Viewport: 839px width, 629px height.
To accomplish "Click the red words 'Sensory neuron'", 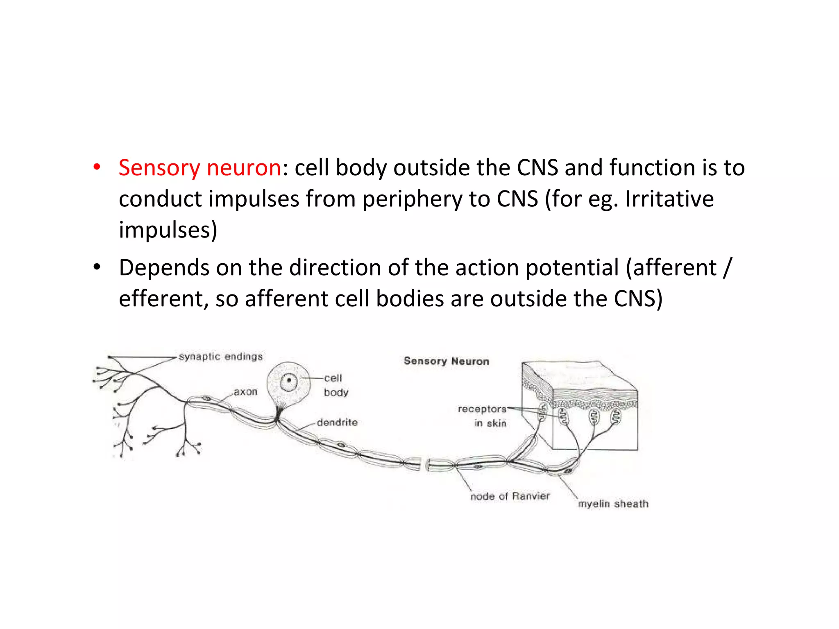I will [200, 168].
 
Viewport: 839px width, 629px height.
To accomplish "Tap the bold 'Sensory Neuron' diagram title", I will [446, 361].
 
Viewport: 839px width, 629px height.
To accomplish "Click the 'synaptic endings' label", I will [221, 357].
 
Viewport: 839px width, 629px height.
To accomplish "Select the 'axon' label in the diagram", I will [246, 392].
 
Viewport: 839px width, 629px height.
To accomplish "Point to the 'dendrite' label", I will [337, 423].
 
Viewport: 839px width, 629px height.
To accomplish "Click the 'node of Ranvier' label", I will [510, 496].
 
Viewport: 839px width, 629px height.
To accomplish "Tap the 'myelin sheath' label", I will [613, 504].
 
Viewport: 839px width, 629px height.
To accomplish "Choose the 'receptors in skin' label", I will [483, 416].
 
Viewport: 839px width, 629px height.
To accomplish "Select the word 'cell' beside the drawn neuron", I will [333, 378].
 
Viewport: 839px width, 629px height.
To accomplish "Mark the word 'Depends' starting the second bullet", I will [164, 268].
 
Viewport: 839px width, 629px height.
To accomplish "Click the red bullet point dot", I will [97, 167].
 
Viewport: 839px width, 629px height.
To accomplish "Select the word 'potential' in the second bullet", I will [572, 268].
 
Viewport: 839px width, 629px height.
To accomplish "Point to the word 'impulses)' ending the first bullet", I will [168, 230].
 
